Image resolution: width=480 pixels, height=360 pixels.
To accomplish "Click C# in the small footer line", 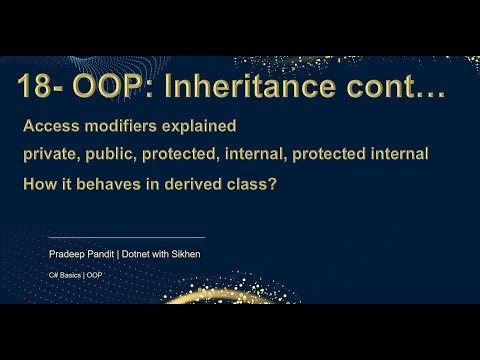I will (x=54, y=274).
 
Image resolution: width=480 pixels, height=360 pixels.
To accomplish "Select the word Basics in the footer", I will (x=70, y=274).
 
